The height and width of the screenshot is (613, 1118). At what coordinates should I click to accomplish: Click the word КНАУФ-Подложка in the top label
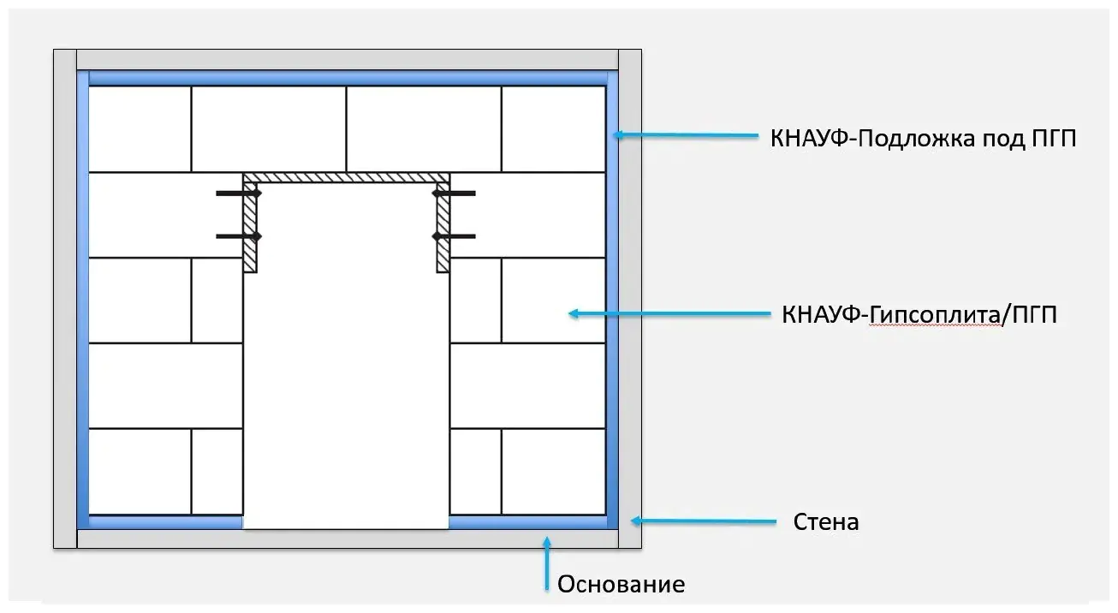[873, 139]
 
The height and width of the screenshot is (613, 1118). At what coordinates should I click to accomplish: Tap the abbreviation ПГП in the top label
[1054, 139]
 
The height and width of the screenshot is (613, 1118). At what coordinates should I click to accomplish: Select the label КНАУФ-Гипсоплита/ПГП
[919, 315]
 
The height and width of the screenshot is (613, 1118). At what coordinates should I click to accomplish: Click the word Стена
[826, 522]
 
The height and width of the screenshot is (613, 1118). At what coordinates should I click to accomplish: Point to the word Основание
[621, 584]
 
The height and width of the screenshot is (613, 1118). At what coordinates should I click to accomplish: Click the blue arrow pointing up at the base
[547, 563]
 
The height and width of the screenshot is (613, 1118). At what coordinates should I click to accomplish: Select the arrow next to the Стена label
[704, 521]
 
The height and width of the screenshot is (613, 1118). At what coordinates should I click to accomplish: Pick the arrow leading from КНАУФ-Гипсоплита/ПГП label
[669, 313]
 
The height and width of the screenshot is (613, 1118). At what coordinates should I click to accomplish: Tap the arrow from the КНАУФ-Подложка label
[686, 134]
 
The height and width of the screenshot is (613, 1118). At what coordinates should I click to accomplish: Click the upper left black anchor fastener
[239, 193]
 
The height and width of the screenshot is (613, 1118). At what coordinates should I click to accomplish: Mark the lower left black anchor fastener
[239, 236]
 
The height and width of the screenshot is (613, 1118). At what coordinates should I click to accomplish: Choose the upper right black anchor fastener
[454, 193]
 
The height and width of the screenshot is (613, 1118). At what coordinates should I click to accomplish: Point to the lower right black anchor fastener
[454, 236]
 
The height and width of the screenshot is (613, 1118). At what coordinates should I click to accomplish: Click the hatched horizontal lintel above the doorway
[347, 178]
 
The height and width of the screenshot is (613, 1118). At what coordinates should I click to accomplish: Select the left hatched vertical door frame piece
[250, 227]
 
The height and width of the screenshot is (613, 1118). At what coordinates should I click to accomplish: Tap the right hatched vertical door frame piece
[443, 227]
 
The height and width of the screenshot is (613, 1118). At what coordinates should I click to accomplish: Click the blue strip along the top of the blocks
[348, 79]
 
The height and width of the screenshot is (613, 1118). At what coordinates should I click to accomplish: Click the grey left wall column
[65, 299]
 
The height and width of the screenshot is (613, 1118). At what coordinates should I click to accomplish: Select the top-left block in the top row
[140, 129]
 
